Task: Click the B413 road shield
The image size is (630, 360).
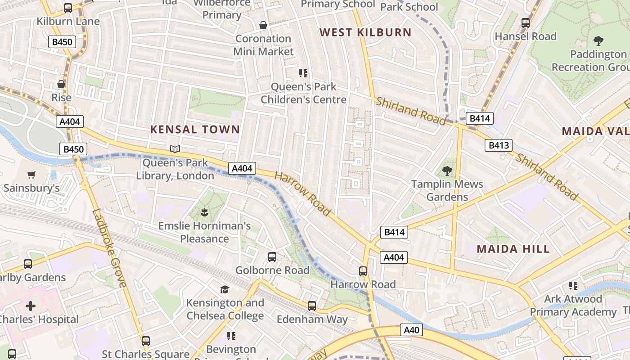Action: tap(499, 145)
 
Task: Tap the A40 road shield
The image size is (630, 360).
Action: tap(411, 330)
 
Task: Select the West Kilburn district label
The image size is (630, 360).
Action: tap(365, 32)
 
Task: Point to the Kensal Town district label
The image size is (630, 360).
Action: tap(195, 130)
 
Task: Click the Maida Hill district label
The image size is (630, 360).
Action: tap(513, 249)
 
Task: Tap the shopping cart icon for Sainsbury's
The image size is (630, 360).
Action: tap(31, 175)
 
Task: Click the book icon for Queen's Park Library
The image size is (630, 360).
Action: tap(175, 149)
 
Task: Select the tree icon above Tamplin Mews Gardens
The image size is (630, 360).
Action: tap(447, 171)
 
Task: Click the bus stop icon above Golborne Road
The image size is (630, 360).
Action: tap(272, 257)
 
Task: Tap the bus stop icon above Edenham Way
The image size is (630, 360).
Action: tap(312, 306)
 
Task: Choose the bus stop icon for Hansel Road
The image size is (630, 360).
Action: tap(525, 22)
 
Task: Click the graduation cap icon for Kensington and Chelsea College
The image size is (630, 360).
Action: tap(225, 289)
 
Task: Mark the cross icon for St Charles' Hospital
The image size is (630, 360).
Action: tap(30, 306)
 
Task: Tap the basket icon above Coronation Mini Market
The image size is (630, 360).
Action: tap(263, 25)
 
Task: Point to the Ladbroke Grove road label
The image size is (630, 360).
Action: tap(109, 248)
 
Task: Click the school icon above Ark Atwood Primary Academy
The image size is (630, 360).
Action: tap(573, 285)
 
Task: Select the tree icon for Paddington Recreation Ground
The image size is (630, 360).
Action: tap(598, 41)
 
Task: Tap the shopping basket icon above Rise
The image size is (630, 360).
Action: tap(61, 84)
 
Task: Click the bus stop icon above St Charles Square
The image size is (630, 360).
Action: tap(145, 341)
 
